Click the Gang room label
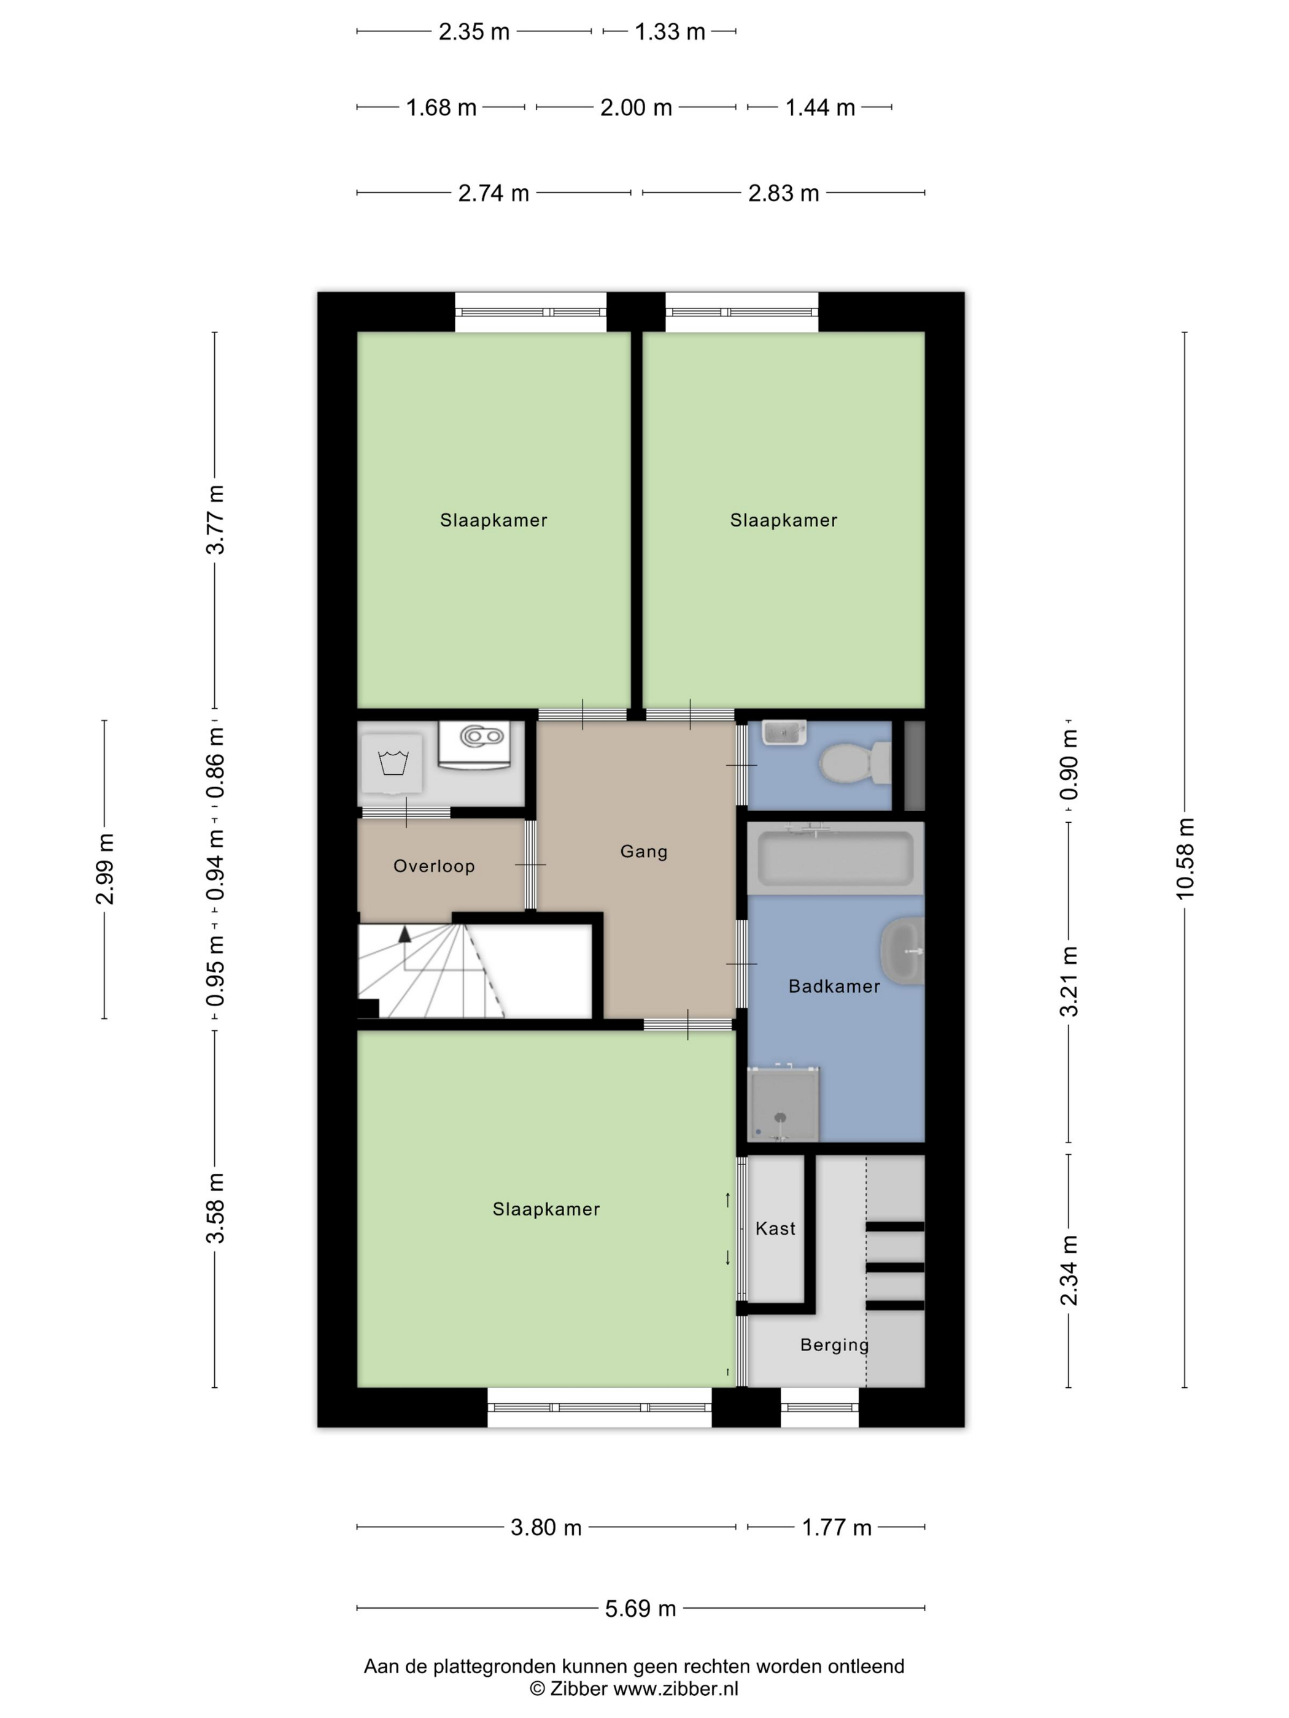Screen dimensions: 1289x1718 643,851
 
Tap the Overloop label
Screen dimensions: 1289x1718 433,866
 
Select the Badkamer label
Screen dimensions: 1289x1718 834,987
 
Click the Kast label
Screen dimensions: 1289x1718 775,1228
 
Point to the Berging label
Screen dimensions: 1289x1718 834,1344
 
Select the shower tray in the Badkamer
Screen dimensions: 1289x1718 783,1104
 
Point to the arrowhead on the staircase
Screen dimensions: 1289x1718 404,934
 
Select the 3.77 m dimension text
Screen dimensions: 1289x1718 215,520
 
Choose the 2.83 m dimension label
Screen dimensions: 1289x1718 783,193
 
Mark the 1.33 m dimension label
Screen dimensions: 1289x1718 670,32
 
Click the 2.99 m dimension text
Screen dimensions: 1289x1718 105,869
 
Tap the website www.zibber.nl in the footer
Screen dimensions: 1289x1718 676,1688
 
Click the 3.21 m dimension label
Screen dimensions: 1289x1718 1069,982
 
